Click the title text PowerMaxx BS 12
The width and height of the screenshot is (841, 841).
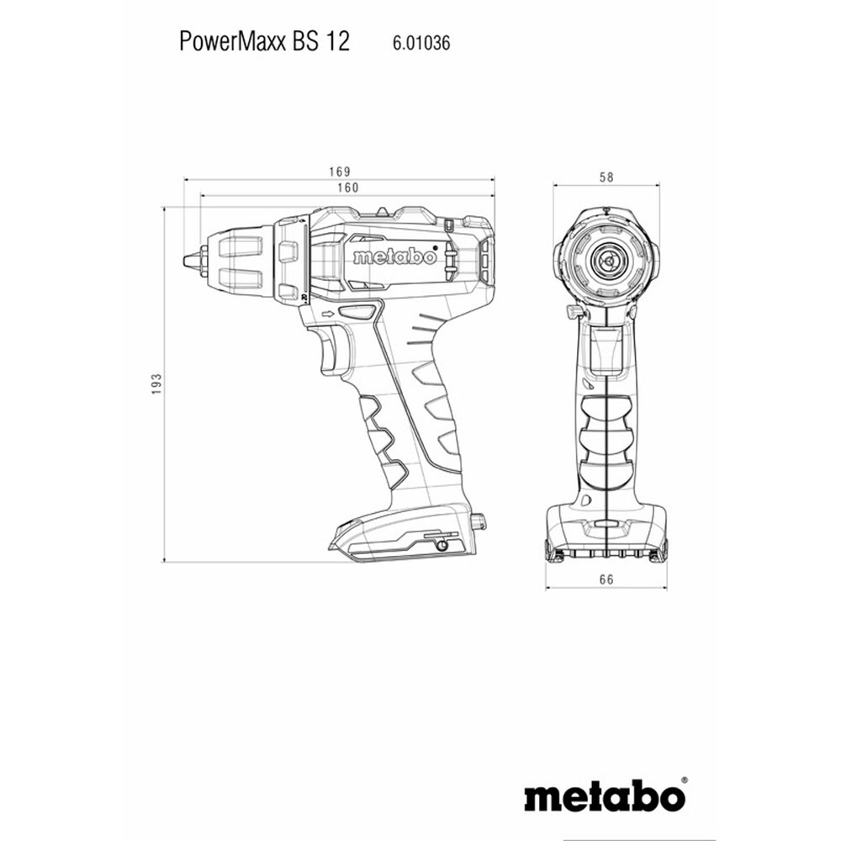[x=264, y=41]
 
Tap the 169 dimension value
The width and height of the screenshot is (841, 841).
[x=339, y=172]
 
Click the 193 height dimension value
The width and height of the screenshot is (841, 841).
[x=156, y=383]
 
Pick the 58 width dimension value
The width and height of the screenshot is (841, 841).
[x=606, y=177]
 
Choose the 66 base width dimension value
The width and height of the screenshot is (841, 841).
[x=606, y=579]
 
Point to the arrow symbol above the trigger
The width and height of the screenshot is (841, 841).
[x=326, y=315]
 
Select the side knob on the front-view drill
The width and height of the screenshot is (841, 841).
[x=574, y=313]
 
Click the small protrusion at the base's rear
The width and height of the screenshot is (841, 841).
[x=480, y=521]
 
